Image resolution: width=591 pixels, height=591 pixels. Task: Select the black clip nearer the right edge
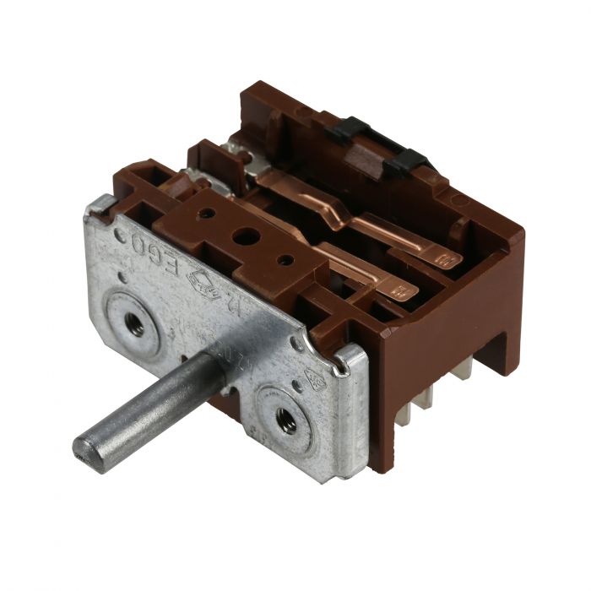405,159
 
